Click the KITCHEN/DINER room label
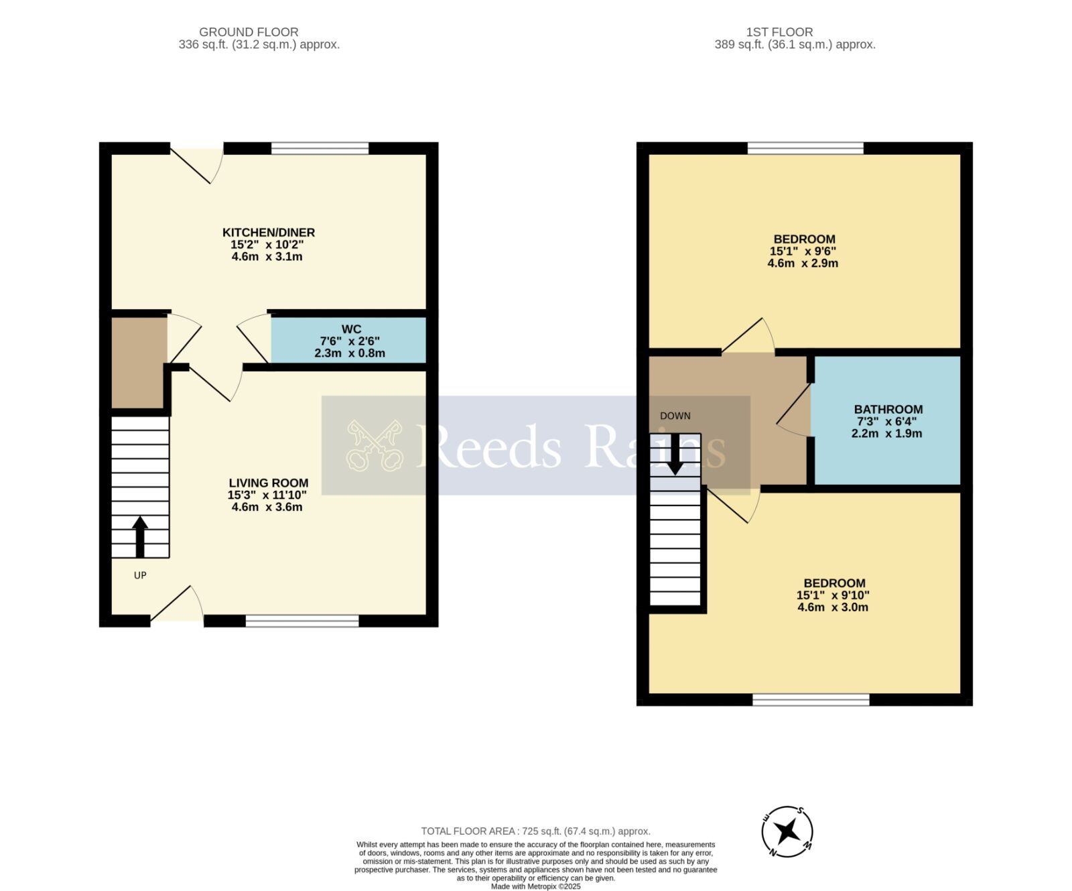coord(268,233)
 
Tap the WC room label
coord(351,329)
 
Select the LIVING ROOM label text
coord(268,483)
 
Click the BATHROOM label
coord(888,409)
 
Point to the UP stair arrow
coord(140,536)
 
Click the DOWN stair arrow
coord(675,455)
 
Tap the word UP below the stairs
coord(140,575)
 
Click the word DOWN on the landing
coord(675,416)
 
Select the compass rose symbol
coord(787,831)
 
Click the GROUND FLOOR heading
coord(249,32)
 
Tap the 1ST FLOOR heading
coord(779,32)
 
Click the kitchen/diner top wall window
coord(320,148)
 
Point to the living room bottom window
coord(302,621)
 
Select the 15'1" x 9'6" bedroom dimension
coord(803,251)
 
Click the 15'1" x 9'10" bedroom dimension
coord(833,595)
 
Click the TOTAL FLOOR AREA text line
coord(535,831)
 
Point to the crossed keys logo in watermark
coord(374,445)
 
